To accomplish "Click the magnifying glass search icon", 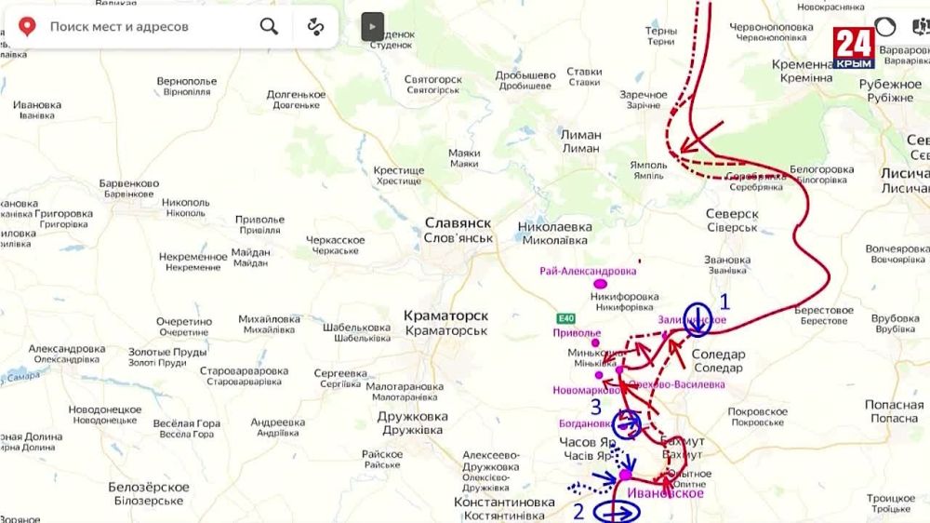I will point(269,26).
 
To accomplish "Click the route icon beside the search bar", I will point(316,26).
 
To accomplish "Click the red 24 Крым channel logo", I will point(853,47).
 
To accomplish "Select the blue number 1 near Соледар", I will point(725,302).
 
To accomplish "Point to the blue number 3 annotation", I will point(596,407).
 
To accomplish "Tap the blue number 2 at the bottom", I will point(578,510).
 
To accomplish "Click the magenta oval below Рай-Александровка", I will point(601,284).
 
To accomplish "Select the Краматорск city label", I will point(445,316).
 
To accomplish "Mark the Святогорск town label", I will point(433,80).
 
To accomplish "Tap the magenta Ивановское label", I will point(665,493).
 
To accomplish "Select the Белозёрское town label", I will point(148,488).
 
